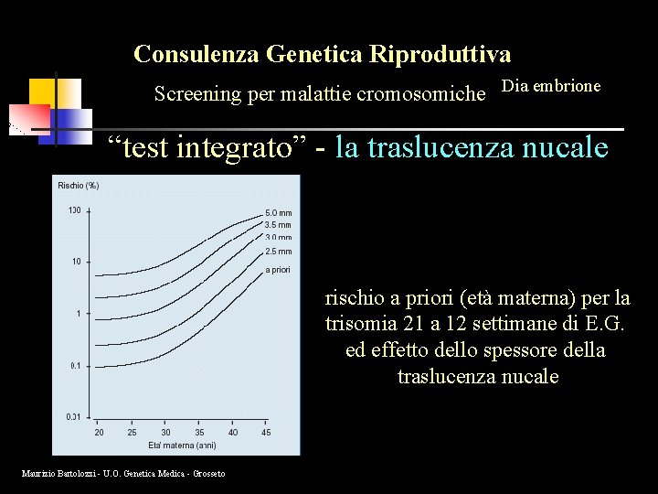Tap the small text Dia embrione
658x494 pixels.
click(x=552, y=86)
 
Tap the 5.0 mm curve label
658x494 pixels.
click(x=278, y=213)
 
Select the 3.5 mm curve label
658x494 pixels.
click(x=278, y=225)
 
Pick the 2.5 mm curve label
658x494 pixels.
click(x=278, y=252)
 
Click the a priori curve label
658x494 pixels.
click(x=278, y=270)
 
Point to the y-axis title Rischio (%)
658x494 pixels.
click(x=79, y=186)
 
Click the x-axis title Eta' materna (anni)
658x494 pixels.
click(x=183, y=446)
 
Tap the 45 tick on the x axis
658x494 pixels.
click(x=266, y=433)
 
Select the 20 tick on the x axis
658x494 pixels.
click(x=99, y=433)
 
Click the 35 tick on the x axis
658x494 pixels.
click(x=199, y=433)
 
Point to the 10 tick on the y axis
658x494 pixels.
click(x=77, y=262)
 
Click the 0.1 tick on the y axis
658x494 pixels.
click(x=75, y=366)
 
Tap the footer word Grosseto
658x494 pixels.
click(x=209, y=472)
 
